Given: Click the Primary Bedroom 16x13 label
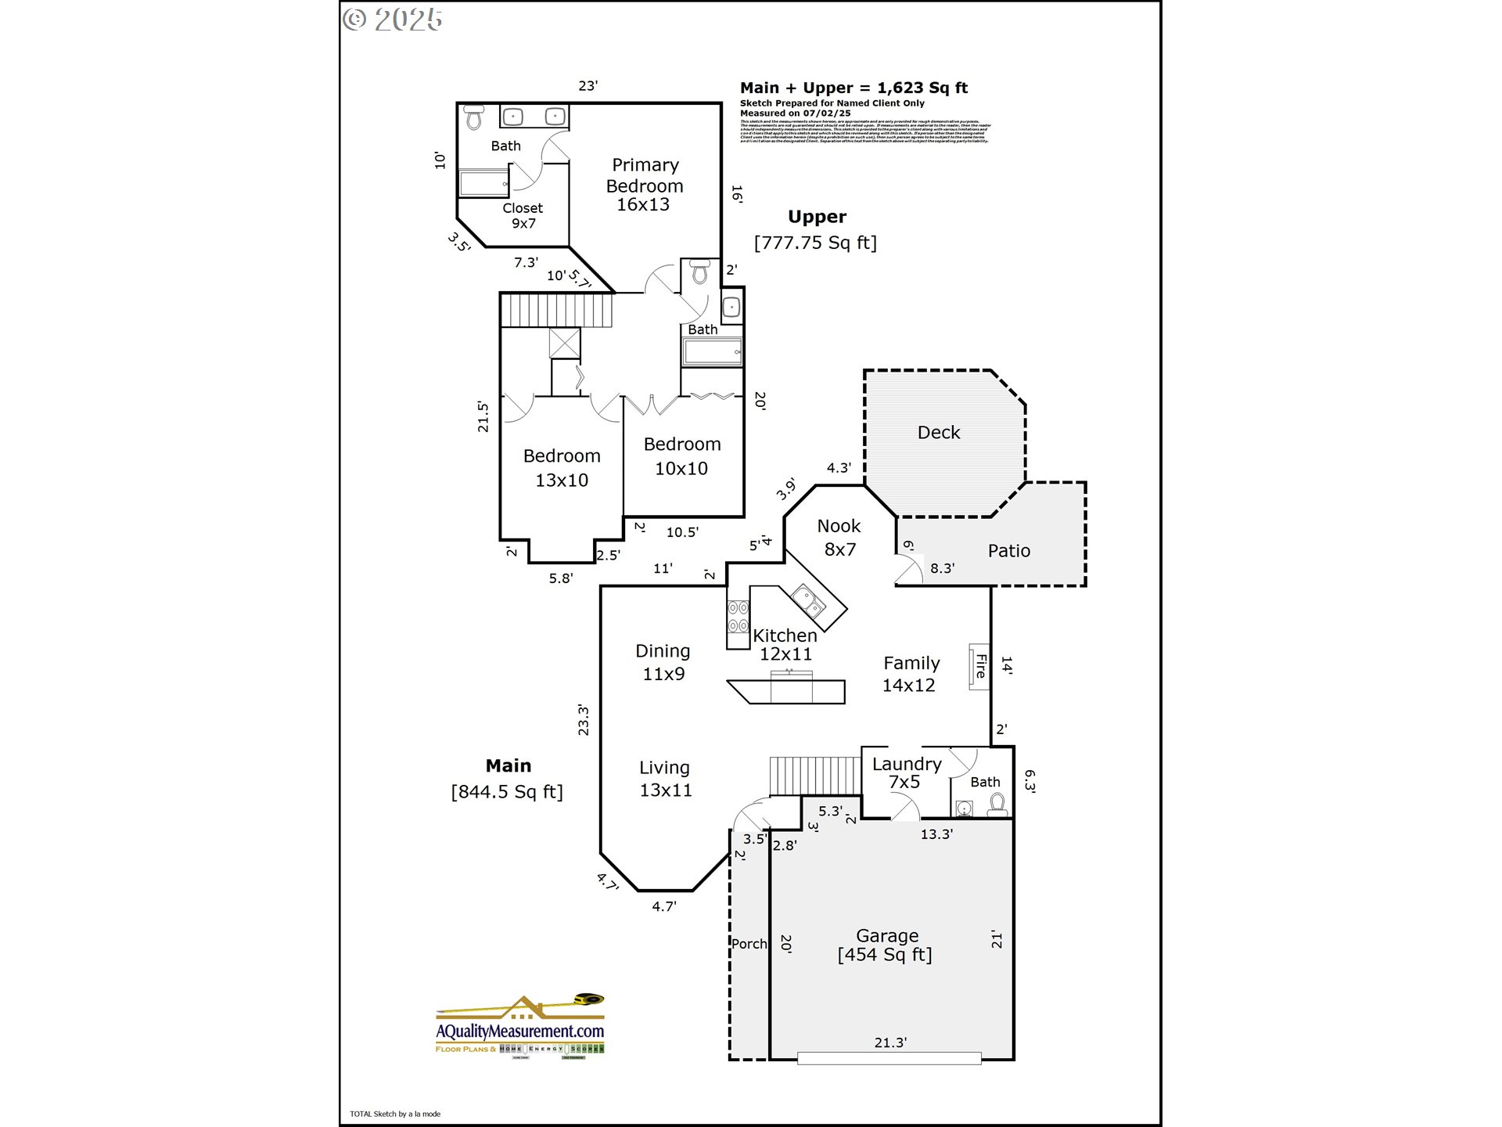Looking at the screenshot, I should [645, 185].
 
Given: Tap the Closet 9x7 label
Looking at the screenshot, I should [523, 215].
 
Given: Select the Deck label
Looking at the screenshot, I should [938, 433].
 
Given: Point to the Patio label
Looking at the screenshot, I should [1008, 551].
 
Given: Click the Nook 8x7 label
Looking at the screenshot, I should [839, 538].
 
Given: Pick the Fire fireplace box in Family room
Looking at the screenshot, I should [979, 666].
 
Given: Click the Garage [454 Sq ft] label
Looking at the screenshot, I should [886, 945].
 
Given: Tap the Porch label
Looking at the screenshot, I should [749, 944].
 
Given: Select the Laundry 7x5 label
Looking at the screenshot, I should [906, 772].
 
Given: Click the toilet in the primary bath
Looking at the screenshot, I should [474, 118].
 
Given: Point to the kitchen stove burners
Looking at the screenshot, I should [738, 617].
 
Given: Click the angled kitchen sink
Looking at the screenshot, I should [808, 601].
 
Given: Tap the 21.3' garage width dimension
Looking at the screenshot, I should [890, 1042].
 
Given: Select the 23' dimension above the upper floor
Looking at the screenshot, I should [588, 85].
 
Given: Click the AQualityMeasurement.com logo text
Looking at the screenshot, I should [520, 1032].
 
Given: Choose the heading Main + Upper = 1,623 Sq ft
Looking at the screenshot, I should [853, 88].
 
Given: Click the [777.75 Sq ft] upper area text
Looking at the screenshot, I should [815, 243].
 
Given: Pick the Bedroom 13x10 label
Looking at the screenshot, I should [562, 468].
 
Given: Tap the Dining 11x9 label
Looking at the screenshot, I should [663, 662].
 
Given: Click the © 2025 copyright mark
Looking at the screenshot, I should [393, 20].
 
